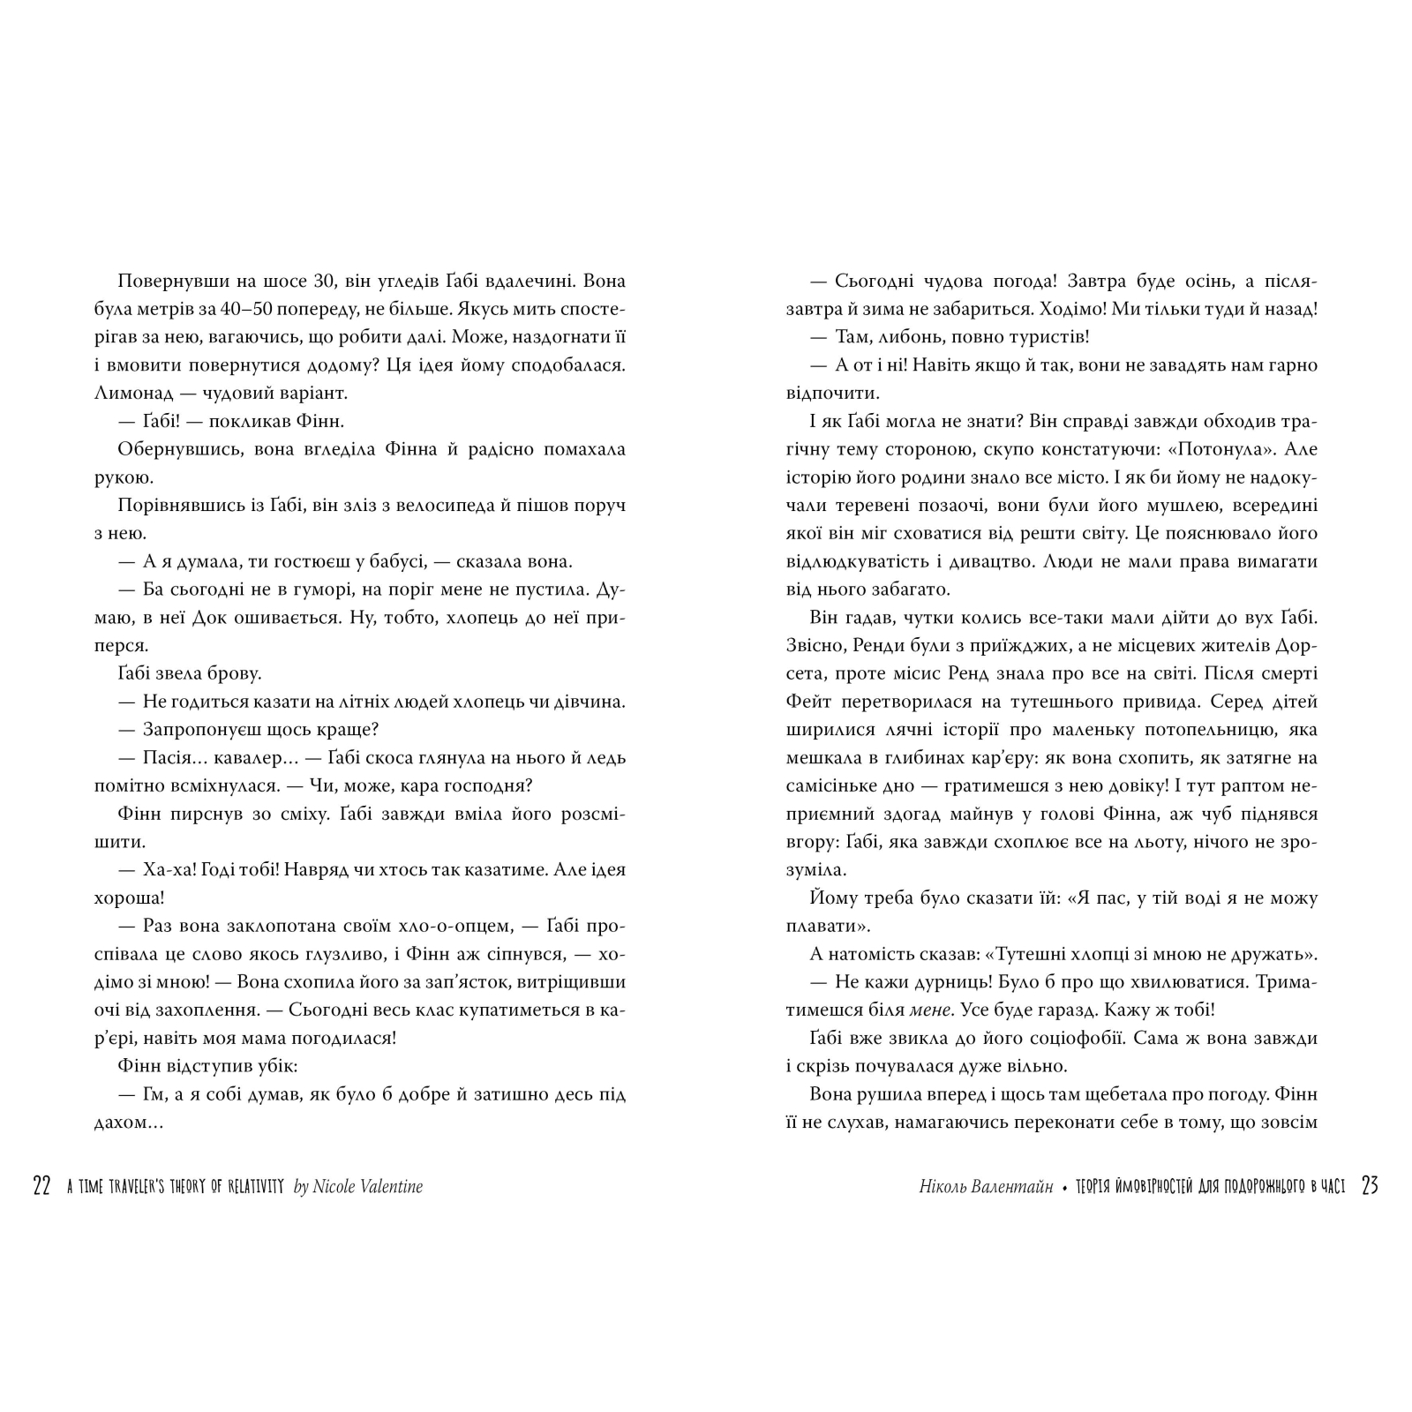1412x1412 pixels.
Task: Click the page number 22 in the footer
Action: tap(41, 1186)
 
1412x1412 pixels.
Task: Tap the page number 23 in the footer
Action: tap(1370, 1186)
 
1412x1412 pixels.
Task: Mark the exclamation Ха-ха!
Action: tap(166, 870)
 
